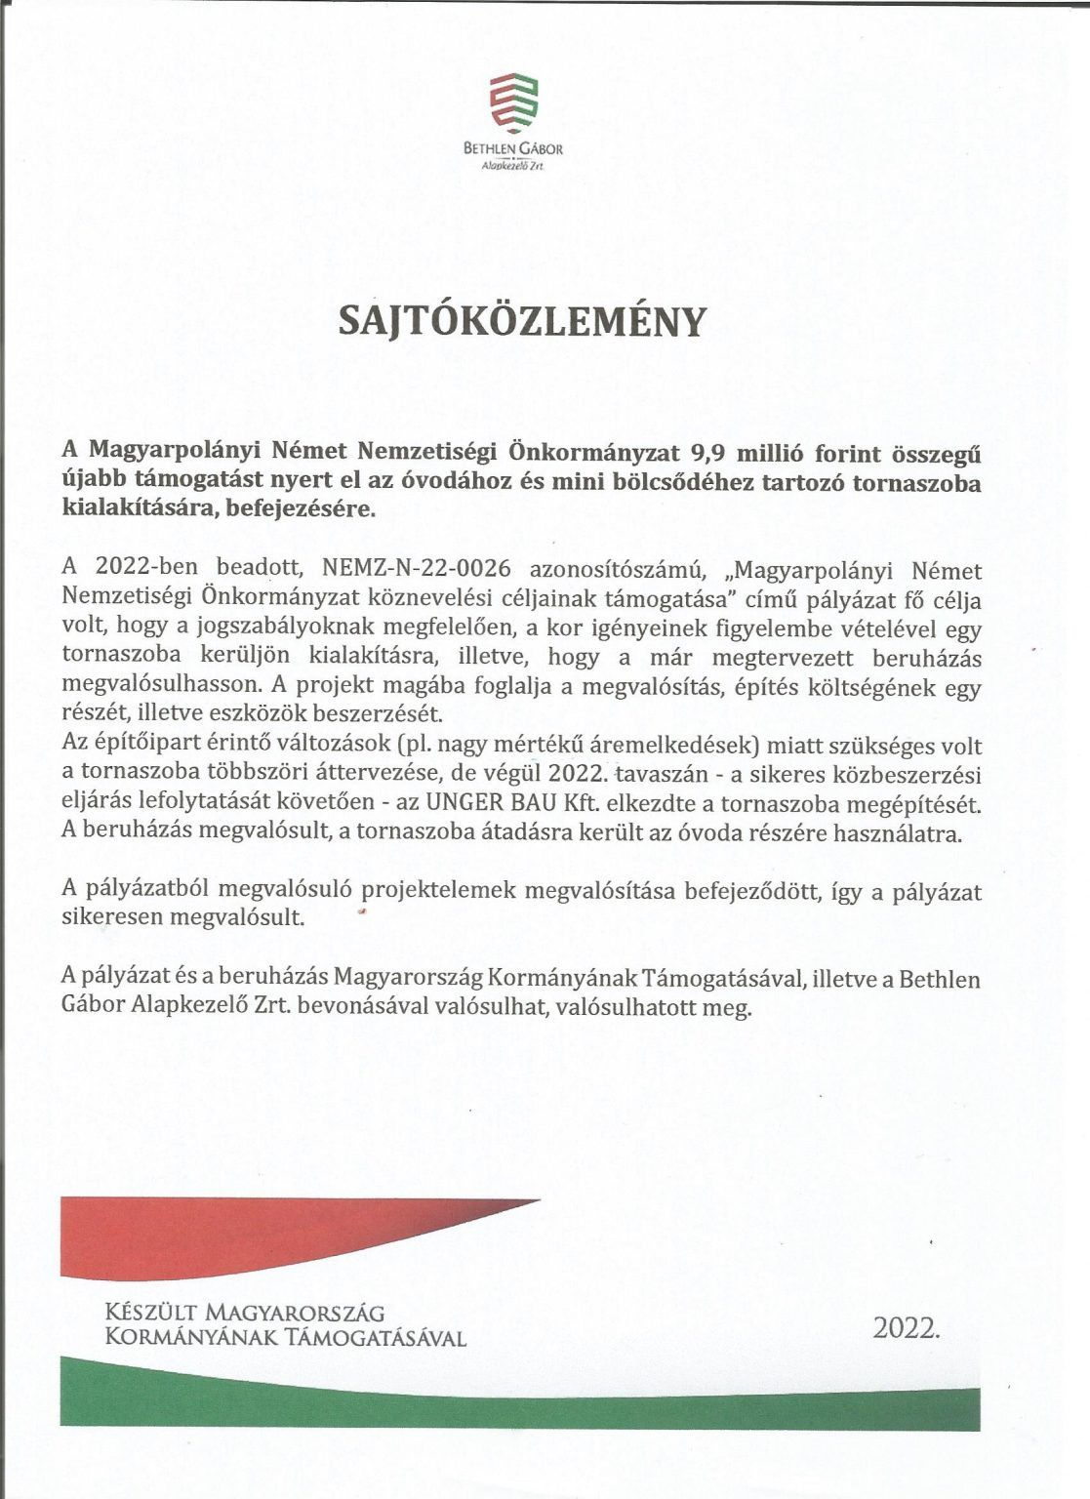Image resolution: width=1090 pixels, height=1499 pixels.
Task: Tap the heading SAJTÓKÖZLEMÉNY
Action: [520, 321]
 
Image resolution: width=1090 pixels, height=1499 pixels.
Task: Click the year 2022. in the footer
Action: [907, 1327]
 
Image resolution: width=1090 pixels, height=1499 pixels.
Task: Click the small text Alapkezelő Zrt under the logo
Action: [512, 167]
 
